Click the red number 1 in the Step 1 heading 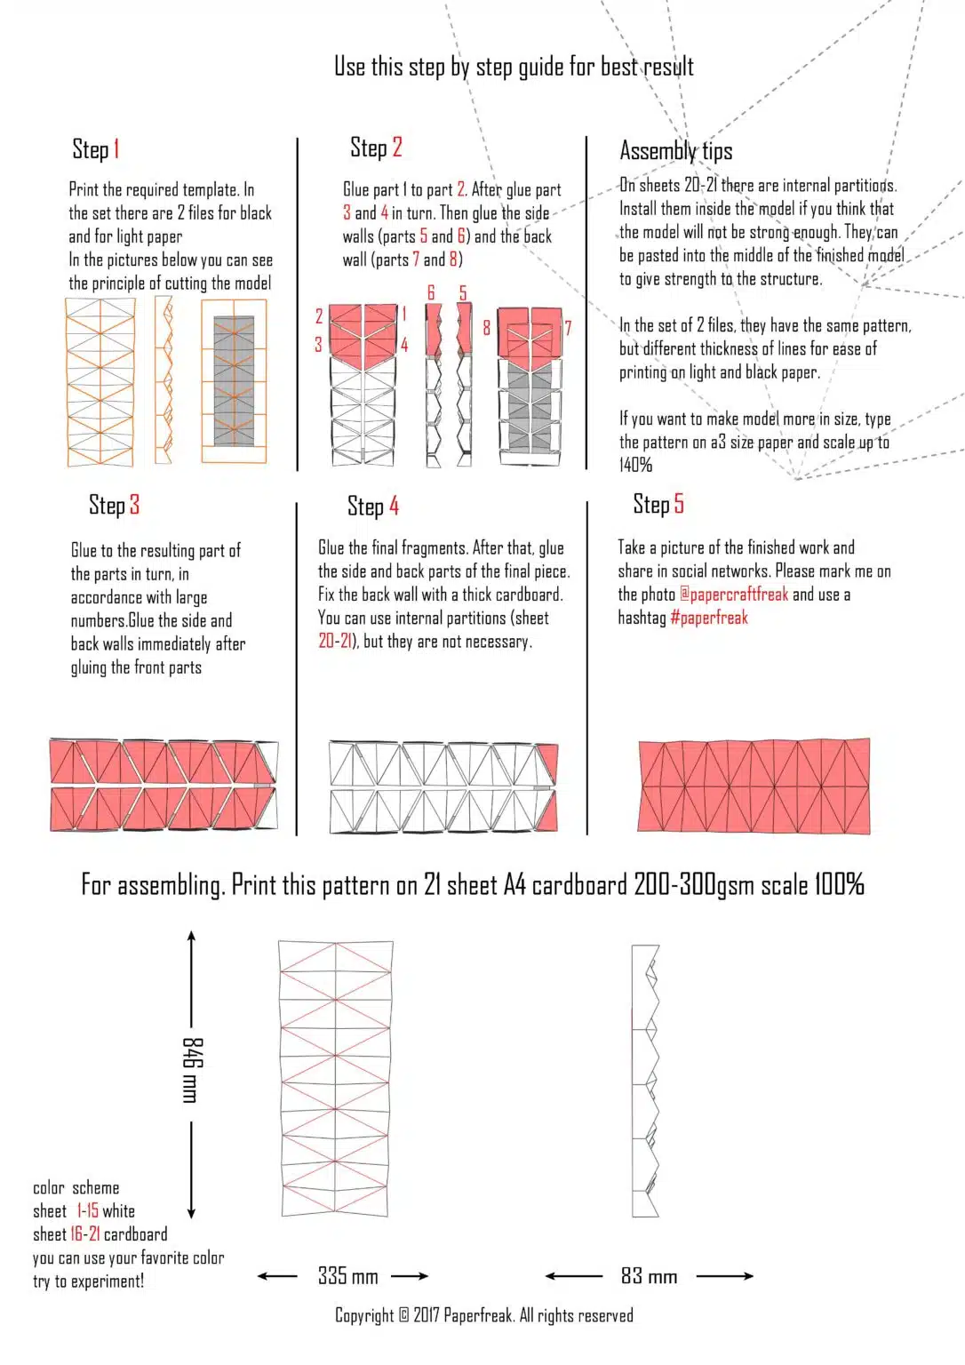point(116,149)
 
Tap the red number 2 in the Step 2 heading point(397,147)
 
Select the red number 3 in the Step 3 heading point(134,505)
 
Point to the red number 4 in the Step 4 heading point(394,507)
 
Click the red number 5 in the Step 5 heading point(679,504)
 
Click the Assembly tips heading point(676,151)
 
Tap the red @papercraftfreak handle point(734,595)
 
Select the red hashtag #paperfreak point(709,618)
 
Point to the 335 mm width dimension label point(347,1276)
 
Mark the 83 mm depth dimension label point(649,1276)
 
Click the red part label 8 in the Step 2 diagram point(486,328)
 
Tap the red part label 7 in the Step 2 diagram point(567,328)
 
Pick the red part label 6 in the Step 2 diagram point(431,293)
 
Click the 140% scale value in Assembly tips point(636,465)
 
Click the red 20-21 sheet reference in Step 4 point(335,641)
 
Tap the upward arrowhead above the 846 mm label point(191,936)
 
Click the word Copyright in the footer point(363,1315)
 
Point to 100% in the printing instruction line point(839,884)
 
